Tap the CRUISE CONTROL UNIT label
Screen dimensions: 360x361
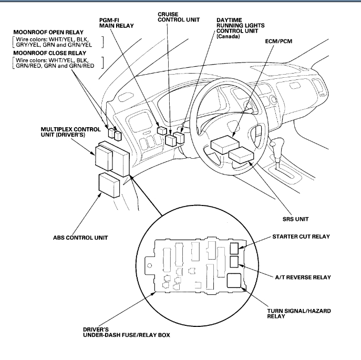click(177, 18)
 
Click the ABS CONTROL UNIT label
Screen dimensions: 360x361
click(80, 237)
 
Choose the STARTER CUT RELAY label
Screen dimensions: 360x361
click(301, 236)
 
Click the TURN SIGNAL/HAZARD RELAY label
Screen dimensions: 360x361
click(298, 314)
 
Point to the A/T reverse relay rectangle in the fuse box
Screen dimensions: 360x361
click(234, 262)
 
